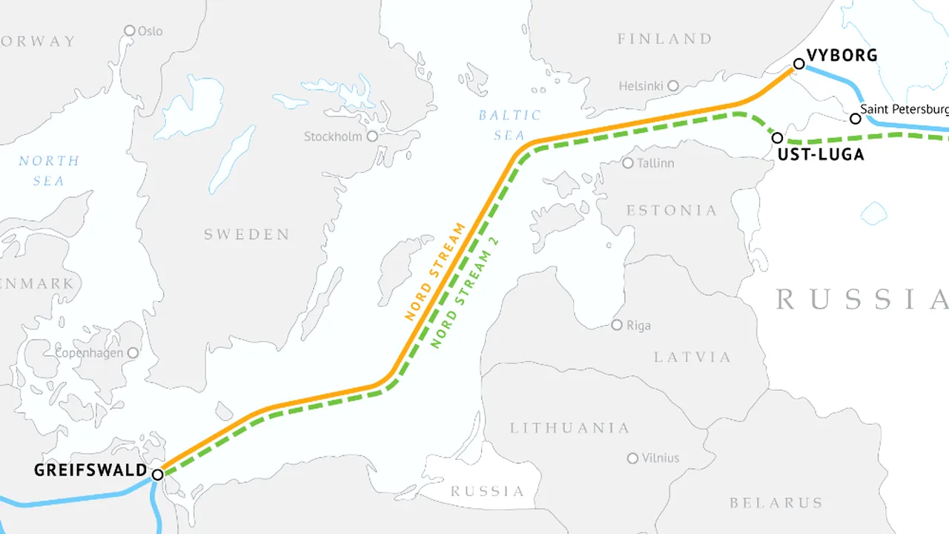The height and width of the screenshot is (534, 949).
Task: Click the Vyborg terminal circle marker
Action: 798,64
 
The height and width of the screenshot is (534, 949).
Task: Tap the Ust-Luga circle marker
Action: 777,137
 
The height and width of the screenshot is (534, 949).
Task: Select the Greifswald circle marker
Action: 157,474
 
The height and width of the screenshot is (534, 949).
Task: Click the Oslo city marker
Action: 130,30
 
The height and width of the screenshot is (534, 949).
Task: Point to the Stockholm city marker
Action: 372,136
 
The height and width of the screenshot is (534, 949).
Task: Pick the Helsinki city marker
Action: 673,86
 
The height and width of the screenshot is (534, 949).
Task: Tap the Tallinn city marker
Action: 628,162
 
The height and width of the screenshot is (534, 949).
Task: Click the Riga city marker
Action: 617,325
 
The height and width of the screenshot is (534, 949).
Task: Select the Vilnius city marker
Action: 632,458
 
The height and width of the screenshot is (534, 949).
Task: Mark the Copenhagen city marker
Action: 133,353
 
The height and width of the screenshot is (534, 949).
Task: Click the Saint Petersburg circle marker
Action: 855,118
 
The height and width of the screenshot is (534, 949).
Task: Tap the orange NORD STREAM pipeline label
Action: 436,271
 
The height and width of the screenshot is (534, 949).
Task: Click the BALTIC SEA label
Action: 509,125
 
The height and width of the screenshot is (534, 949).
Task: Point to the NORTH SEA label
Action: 49,171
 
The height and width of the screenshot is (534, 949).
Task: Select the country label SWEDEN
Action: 247,234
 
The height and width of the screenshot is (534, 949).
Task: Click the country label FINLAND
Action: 664,39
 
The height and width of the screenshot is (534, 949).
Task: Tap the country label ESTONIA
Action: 672,211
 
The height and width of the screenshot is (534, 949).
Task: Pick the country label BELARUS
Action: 776,503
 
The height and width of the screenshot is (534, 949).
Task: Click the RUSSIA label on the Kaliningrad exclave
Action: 487,491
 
